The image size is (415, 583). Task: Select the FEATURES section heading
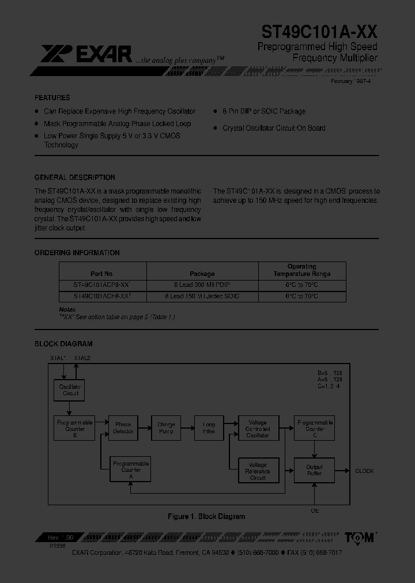tap(52, 98)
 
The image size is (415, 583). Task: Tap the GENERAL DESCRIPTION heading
tap(75, 177)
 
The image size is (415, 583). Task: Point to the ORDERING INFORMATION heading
tap(77, 253)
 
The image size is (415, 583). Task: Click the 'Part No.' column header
tap(103, 274)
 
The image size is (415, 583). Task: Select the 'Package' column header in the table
tap(202, 274)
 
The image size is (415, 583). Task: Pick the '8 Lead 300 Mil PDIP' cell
tap(202, 285)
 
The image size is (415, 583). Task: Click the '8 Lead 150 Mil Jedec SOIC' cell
tap(202, 296)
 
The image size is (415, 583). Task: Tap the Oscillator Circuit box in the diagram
tap(70, 390)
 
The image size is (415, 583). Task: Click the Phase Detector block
tap(123, 427)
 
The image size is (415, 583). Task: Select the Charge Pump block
tap(166, 427)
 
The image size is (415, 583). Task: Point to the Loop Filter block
tap(209, 427)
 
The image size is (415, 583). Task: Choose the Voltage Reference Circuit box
tap(258, 471)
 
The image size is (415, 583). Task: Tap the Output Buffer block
tap(314, 470)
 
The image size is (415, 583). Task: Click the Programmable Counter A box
tap(131, 470)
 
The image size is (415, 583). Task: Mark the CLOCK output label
tap(364, 471)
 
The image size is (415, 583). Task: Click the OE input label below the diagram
tap(315, 511)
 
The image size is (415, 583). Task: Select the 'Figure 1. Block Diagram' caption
tap(206, 517)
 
